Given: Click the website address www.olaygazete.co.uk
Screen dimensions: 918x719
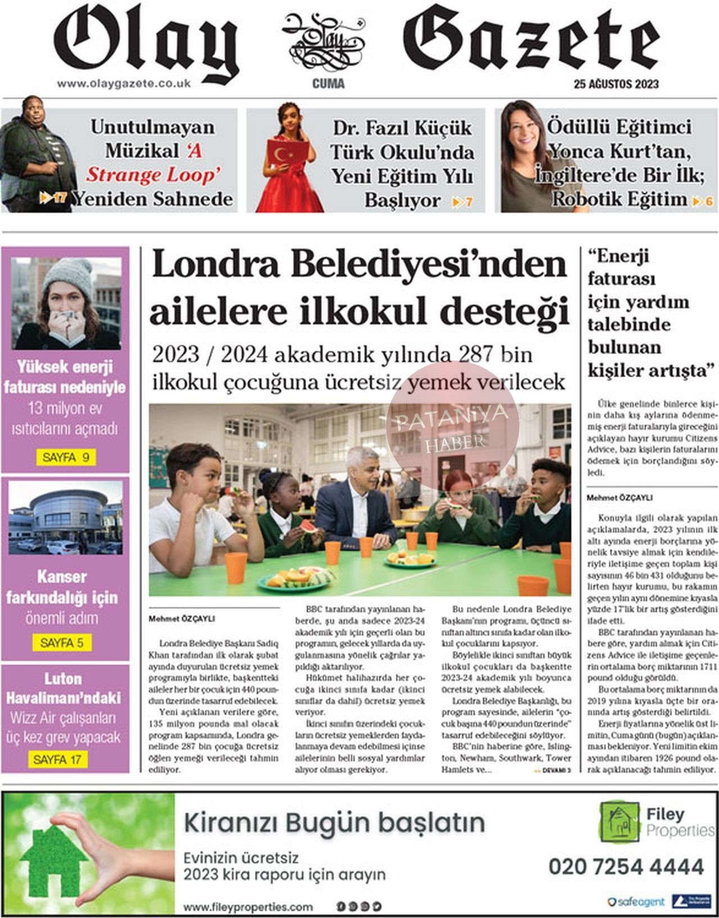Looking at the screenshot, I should [124, 83].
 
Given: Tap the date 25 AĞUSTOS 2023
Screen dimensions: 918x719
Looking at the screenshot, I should [616, 84].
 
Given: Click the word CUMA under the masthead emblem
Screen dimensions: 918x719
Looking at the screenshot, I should [329, 84].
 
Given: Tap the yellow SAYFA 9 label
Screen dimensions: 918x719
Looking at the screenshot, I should [65, 457].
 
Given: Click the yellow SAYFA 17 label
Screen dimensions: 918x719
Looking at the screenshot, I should [57, 759].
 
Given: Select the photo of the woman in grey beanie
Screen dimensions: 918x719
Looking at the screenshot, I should [66, 303].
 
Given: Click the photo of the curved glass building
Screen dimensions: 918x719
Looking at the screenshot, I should [66, 518].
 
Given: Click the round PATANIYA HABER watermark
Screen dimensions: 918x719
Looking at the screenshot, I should [453, 428].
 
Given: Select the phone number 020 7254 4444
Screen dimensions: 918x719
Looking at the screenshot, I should [626, 866].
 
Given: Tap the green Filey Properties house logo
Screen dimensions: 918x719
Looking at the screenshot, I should [619, 822].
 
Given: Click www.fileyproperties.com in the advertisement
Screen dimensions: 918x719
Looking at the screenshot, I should [248, 907].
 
